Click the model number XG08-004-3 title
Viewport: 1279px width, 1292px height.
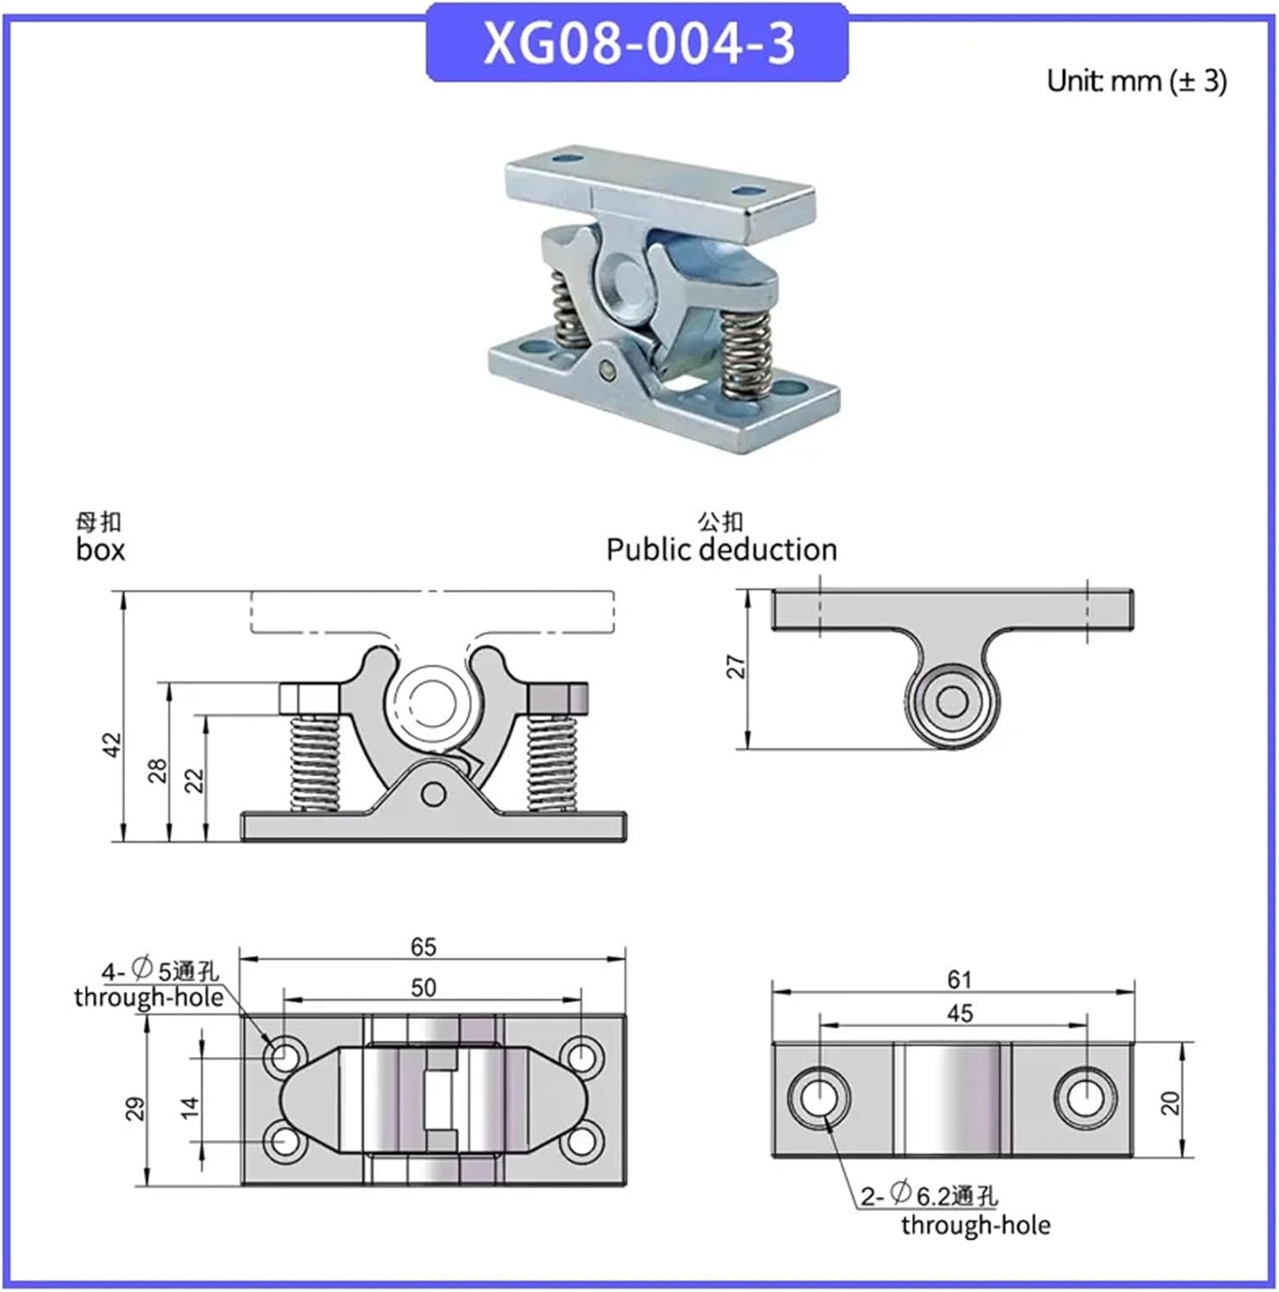click(638, 43)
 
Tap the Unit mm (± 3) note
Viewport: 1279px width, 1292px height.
click(1136, 81)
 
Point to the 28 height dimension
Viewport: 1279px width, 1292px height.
click(157, 770)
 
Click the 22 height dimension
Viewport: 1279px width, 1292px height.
click(195, 780)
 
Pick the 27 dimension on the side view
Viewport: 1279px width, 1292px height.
click(736, 667)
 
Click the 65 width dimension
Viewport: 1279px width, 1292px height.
click(423, 947)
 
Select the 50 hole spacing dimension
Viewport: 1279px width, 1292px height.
click(423, 987)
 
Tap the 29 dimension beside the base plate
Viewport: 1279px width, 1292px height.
click(135, 1109)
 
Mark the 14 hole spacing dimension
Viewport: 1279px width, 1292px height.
click(190, 1106)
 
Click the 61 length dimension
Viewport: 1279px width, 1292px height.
click(959, 979)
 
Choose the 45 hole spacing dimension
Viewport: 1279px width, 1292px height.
click(959, 1013)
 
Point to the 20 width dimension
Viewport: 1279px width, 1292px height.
click(1170, 1103)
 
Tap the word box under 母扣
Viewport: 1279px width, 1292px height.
click(100, 550)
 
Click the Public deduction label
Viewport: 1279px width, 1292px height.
click(721, 550)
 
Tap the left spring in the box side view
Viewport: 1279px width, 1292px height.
click(314, 762)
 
